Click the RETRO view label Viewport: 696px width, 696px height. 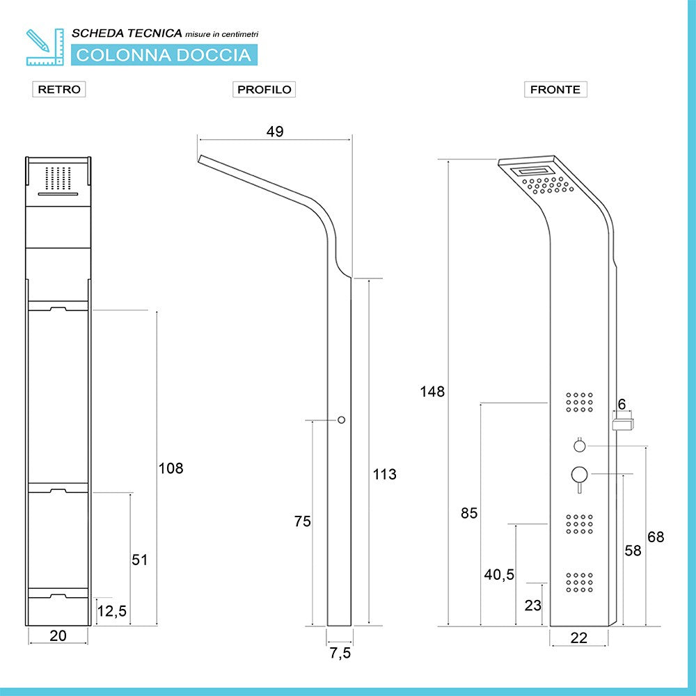(59, 89)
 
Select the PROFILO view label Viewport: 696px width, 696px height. (264, 89)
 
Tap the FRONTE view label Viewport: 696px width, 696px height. (555, 89)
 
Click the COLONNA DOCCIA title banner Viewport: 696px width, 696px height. (164, 55)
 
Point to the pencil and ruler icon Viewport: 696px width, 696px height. (45, 47)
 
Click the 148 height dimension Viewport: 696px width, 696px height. (432, 391)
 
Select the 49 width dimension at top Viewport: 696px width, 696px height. (275, 132)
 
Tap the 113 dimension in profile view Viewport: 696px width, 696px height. (384, 474)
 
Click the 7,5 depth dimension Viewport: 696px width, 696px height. (340, 653)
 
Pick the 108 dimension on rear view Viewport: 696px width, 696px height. (171, 468)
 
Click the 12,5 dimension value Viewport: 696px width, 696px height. (112, 611)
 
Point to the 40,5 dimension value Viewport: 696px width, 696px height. (499, 574)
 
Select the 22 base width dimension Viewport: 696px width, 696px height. (579, 638)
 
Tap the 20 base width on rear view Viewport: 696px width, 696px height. (58, 635)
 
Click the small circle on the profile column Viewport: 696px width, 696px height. (341, 420)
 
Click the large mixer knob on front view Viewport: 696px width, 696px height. (579, 475)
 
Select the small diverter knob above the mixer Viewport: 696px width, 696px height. (579, 445)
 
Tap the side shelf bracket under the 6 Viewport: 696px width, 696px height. (623, 424)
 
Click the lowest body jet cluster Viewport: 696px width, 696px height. (579, 583)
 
